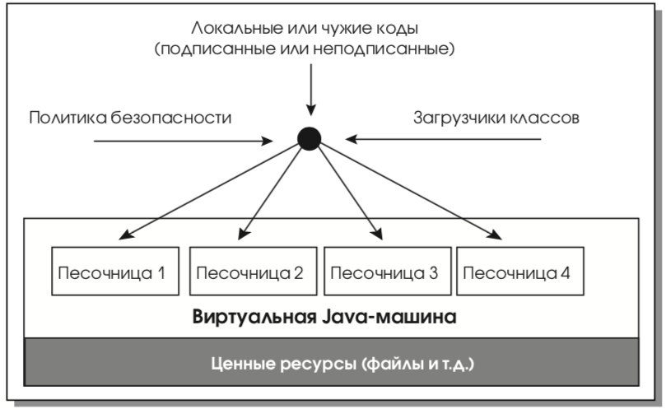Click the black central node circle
(310, 139)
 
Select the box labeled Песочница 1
(115, 271)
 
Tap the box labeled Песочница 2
(254, 271)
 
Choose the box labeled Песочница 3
(388, 271)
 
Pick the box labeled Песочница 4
(520, 271)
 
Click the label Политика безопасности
(130, 118)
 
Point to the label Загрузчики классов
(496, 118)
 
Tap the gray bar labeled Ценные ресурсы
(331, 362)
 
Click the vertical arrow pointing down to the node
(311, 90)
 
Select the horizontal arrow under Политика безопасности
(183, 141)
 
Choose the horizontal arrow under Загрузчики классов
(443, 139)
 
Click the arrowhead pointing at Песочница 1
(126, 235)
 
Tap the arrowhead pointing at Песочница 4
(495, 235)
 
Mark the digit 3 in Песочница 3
(433, 273)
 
